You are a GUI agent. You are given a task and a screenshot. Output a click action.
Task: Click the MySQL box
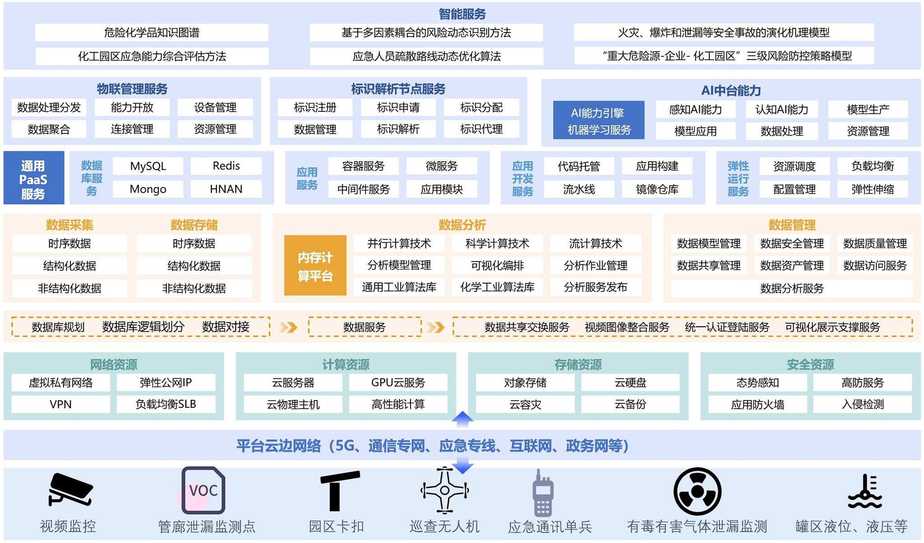[148, 166]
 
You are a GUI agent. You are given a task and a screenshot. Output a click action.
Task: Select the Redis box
[226, 166]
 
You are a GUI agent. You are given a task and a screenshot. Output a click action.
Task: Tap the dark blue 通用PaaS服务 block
[33, 179]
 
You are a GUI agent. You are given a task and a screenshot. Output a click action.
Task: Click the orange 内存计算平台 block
[315, 266]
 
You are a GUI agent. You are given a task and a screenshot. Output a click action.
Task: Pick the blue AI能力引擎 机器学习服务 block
[598, 120]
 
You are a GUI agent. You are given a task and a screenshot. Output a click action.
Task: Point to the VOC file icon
[203, 490]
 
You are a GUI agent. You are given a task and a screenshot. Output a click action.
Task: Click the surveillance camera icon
[70, 489]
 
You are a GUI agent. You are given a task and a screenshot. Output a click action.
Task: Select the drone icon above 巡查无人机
[444, 490]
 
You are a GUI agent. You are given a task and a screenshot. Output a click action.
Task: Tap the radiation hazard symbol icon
[697, 491]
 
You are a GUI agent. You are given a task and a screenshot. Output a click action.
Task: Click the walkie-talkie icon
[543, 493]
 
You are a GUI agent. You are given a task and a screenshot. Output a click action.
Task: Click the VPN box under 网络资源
[60, 404]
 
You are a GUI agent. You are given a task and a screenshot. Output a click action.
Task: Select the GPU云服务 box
[398, 383]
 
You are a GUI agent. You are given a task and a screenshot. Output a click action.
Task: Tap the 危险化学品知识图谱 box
[152, 32]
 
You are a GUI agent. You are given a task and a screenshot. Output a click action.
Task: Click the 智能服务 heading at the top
[462, 14]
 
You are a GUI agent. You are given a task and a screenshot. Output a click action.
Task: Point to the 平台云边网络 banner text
[432, 446]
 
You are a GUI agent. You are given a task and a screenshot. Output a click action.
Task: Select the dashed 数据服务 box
[365, 327]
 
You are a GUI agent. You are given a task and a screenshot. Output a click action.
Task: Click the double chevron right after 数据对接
[288, 327]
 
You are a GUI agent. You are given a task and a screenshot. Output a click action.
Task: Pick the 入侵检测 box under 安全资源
[862, 404]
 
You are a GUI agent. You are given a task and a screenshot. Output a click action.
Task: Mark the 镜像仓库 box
[657, 189]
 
